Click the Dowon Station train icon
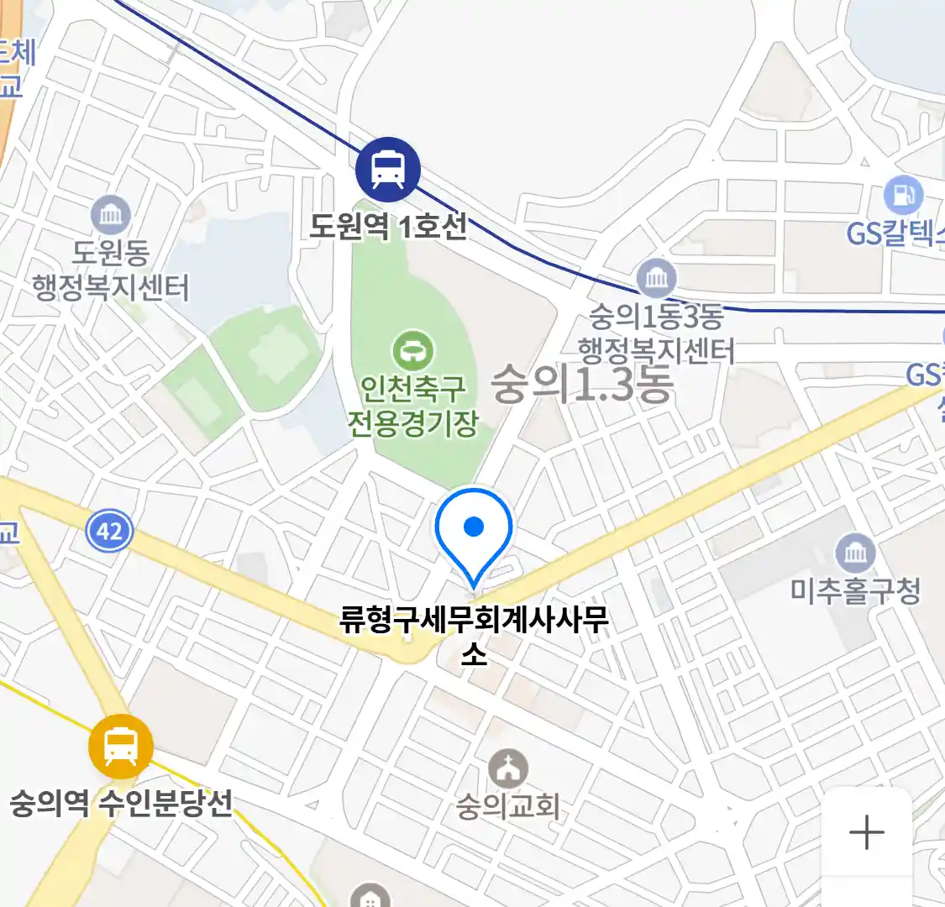click(387, 168)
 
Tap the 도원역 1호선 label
click(388, 226)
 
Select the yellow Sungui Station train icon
click(121, 746)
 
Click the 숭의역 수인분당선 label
click(121, 804)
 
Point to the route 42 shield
click(109, 531)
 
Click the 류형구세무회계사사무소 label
click(474, 637)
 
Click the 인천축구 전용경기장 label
click(412, 405)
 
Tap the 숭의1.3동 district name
click(582, 384)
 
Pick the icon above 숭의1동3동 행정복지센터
click(656, 278)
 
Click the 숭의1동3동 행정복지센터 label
click(656, 333)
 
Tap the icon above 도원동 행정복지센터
click(111, 215)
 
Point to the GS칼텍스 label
click(895, 233)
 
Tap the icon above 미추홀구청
click(855, 553)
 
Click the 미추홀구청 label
click(855, 591)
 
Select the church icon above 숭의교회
click(508, 768)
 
